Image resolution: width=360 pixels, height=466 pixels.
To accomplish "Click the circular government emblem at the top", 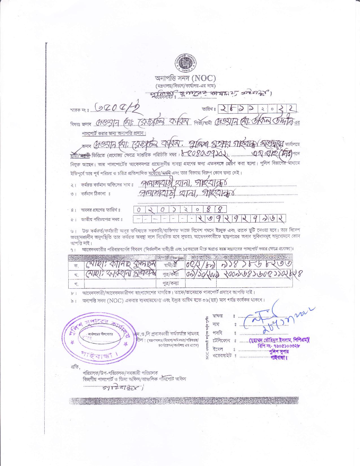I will (185, 63).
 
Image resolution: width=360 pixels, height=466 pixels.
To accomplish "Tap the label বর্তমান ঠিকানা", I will (95, 194).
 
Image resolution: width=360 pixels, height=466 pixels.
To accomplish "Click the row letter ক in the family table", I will (76, 265).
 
